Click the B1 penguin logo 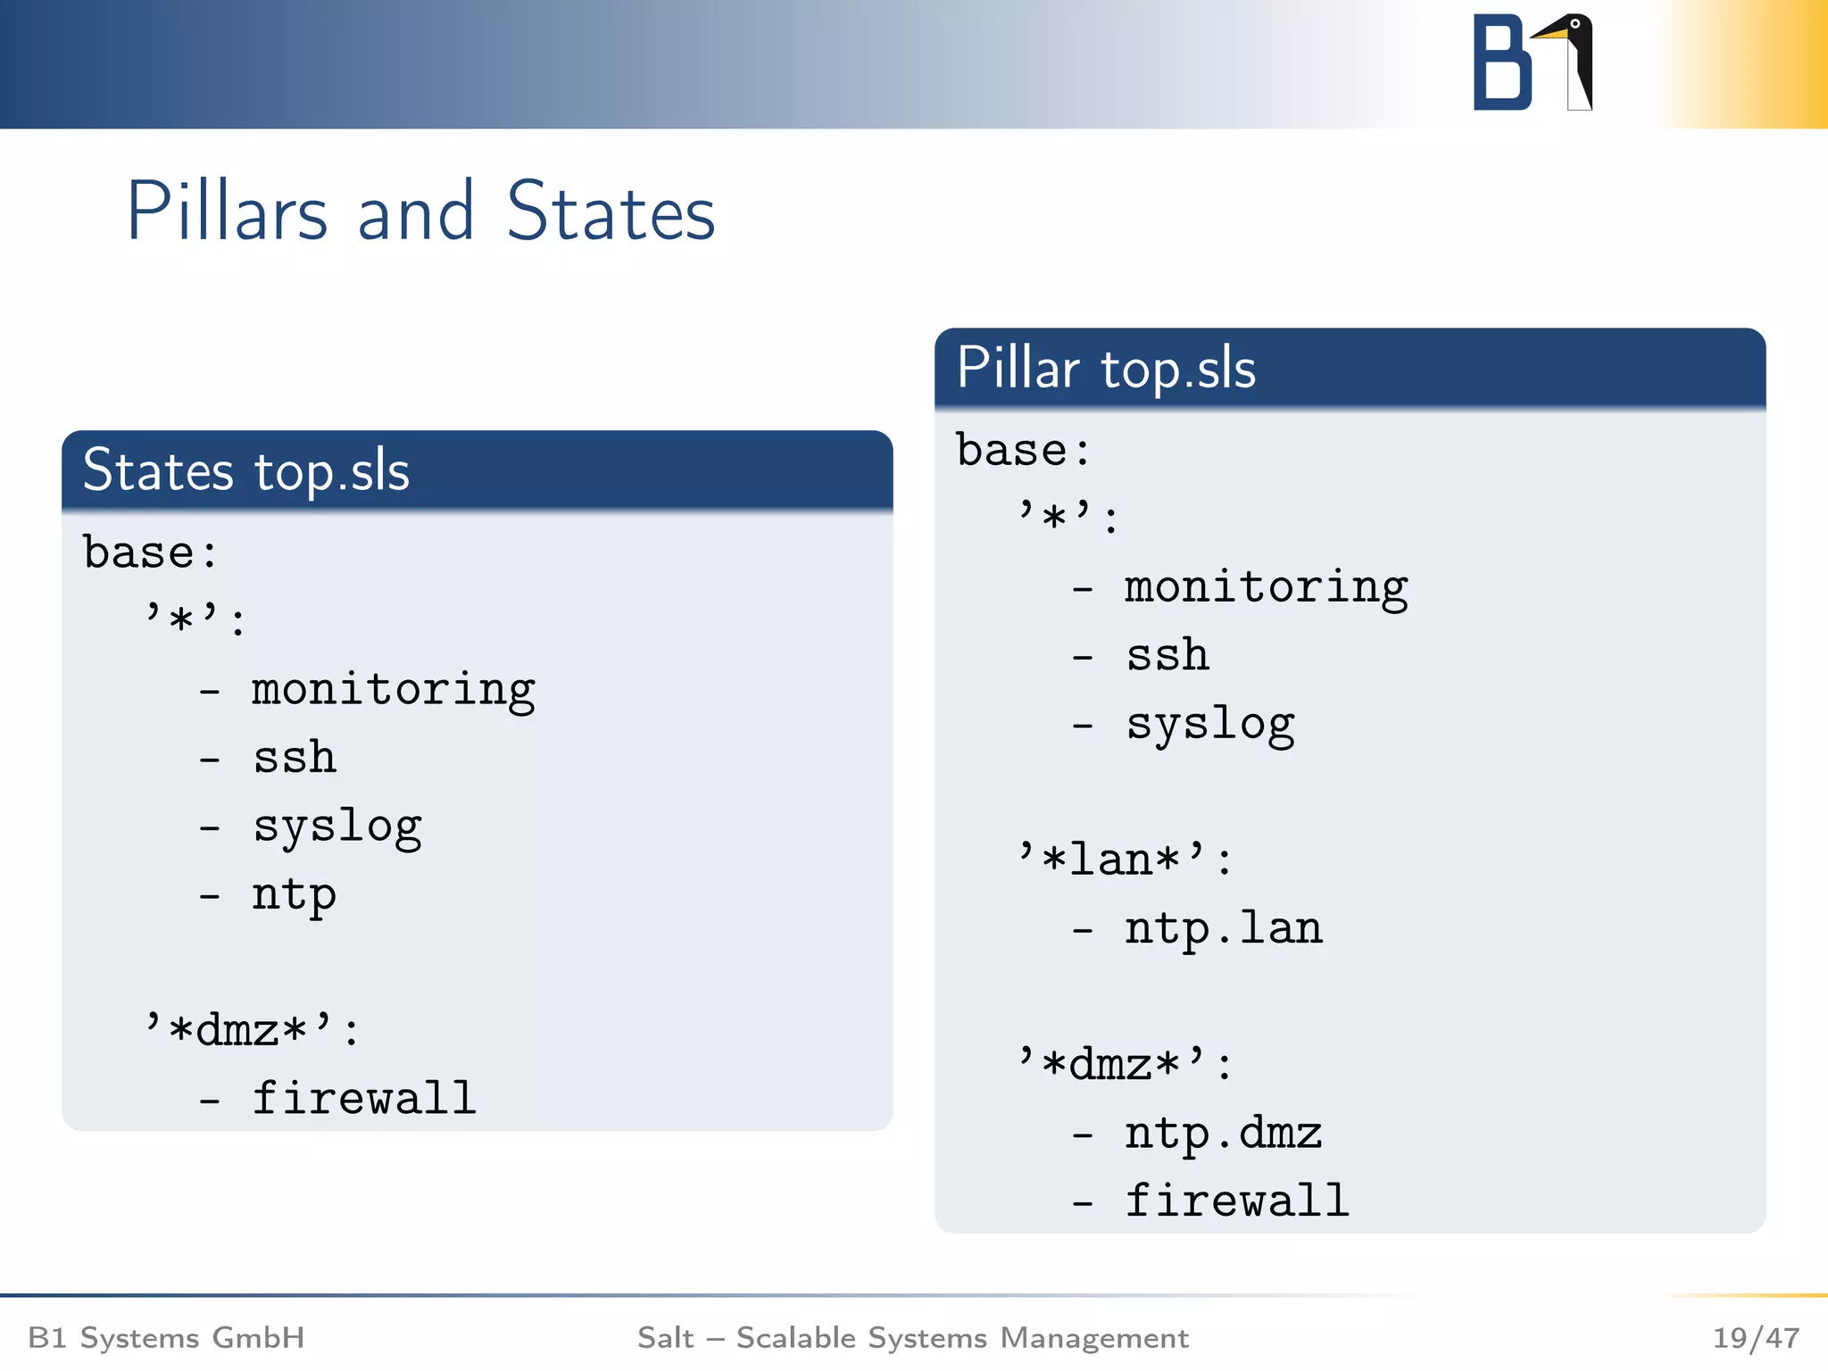1533,62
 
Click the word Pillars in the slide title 228,212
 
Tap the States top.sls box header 477,470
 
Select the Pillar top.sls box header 1349,368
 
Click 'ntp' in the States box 294,894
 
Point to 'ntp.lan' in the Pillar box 1223,929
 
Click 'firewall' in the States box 364,1098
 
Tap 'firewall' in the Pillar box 1236,1201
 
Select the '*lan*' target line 1125,860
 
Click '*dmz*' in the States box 252,1030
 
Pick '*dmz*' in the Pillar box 1125,1064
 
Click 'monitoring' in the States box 393,690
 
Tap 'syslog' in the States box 337,827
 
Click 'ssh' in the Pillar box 1167,656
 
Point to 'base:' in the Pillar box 1023,450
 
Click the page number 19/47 1755,1338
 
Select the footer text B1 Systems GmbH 167,1338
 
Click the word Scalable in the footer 796,1338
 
